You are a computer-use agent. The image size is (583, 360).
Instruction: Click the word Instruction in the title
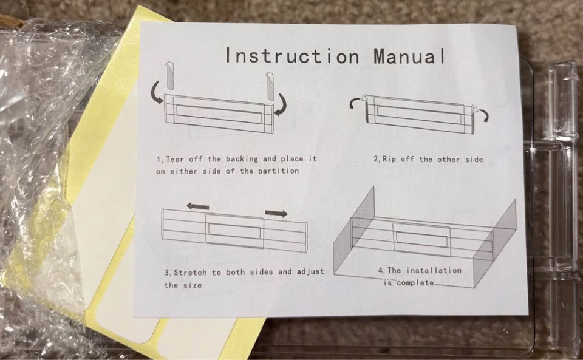(x=292, y=56)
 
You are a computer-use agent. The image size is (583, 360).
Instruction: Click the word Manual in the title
(x=409, y=56)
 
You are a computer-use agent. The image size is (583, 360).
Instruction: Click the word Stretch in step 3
(x=190, y=273)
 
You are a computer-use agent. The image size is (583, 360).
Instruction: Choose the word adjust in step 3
(x=310, y=272)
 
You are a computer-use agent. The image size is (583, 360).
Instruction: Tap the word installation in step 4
(x=434, y=270)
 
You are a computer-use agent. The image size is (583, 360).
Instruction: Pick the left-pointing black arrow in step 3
(x=197, y=206)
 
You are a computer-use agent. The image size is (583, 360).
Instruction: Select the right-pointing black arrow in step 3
(x=276, y=213)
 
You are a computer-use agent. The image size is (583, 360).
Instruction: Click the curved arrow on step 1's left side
(x=157, y=92)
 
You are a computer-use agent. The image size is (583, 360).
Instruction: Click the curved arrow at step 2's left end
(x=355, y=102)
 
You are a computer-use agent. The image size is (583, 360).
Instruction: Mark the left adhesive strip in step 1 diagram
(x=169, y=75)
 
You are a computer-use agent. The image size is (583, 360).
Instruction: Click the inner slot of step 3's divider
(x=234, y=231)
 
